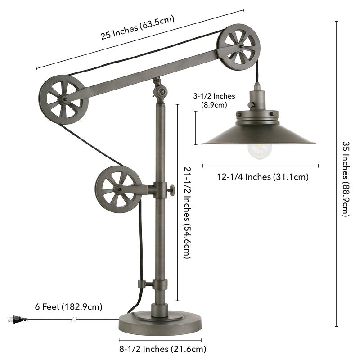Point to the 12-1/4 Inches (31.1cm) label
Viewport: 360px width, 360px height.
(x=263, y=177)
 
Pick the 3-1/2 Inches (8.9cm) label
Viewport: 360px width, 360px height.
(x=211, y=100)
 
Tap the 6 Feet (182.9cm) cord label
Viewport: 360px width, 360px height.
(x=68, y=307)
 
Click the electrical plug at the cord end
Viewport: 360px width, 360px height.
(x=15, y=319)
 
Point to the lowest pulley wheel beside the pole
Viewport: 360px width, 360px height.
(x=116, y=189)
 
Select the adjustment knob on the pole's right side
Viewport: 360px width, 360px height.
(x=171, y=192)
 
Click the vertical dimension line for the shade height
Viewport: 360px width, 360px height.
(x=196, y=128)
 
